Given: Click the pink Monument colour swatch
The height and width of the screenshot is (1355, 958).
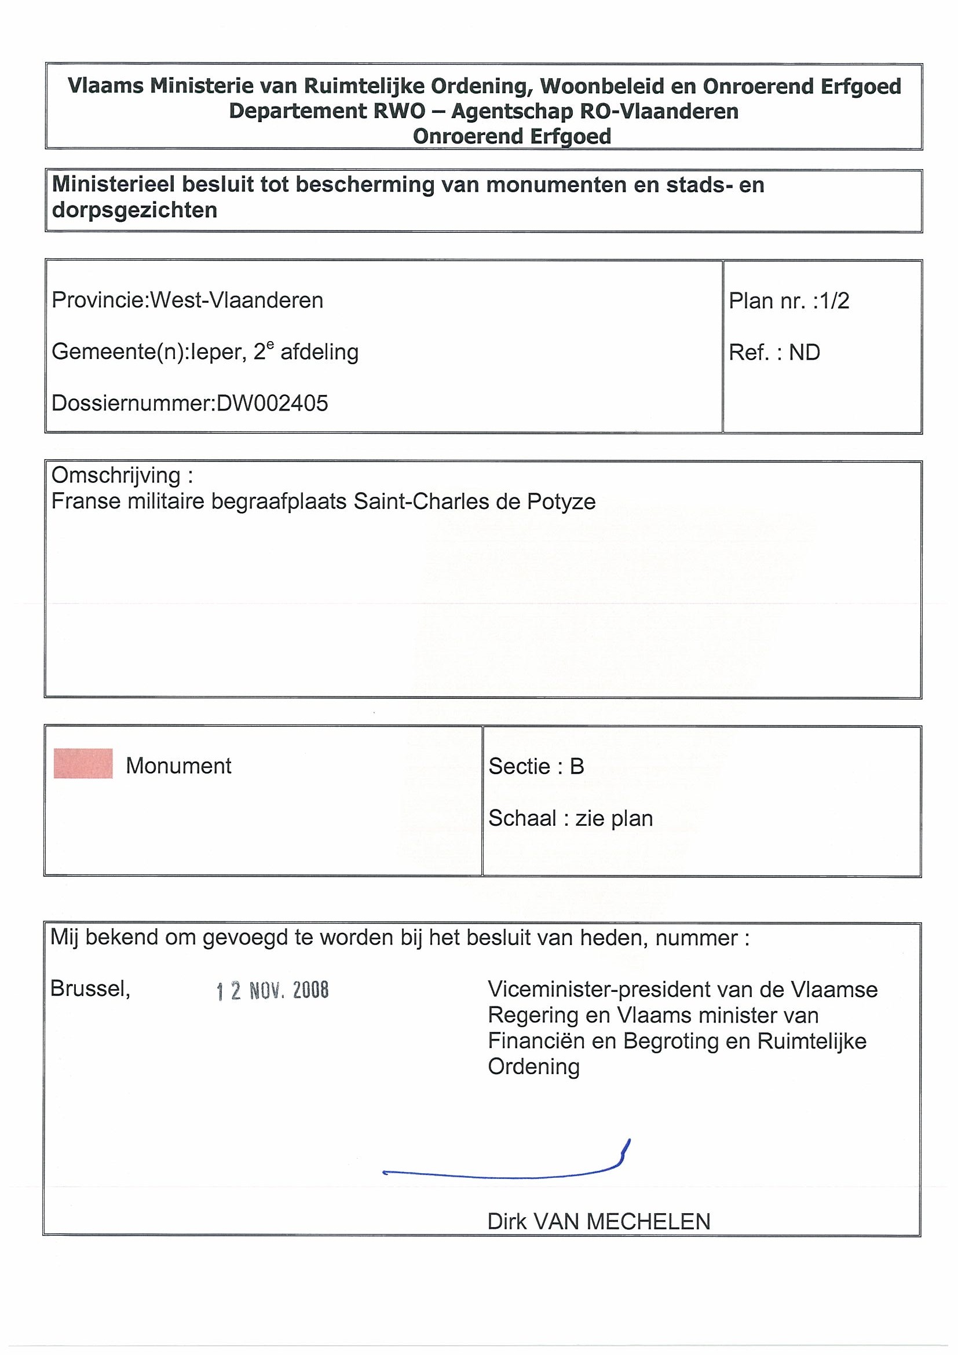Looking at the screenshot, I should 83,764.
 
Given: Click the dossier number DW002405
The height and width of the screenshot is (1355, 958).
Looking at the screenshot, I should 272,403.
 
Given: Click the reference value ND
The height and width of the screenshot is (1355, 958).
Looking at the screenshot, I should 805,352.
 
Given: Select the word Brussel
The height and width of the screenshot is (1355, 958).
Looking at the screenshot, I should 90,988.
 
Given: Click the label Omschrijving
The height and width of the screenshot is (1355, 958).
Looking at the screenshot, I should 116,475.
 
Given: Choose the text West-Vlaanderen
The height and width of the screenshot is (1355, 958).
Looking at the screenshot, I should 237,301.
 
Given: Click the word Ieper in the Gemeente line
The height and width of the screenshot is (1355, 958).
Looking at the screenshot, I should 218,352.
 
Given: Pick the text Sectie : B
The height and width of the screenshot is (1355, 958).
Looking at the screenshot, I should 536,766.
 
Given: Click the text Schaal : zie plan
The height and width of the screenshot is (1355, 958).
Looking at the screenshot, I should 570,818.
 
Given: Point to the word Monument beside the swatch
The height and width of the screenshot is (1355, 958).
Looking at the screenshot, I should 178,766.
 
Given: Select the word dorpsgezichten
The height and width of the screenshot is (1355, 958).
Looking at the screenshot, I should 134,210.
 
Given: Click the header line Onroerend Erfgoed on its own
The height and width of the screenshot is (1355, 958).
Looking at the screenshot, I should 512,136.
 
